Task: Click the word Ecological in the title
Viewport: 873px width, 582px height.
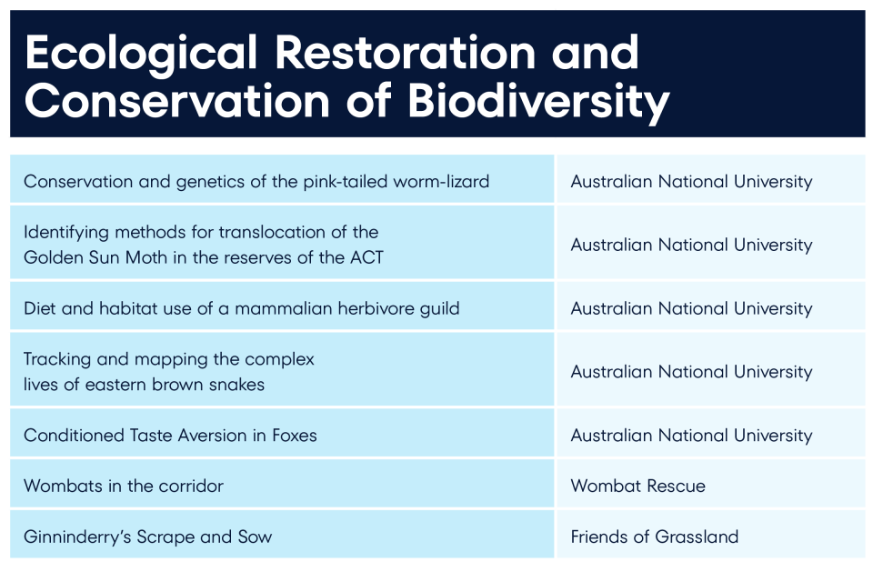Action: point(141,53)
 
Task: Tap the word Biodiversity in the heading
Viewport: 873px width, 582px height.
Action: point(539,103)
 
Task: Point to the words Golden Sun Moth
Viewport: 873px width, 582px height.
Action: point(95,257)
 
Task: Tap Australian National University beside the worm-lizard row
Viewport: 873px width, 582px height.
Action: point(691,182)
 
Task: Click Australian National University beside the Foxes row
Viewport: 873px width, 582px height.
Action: point(691,436)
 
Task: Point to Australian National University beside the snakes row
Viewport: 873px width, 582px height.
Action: point(691,372)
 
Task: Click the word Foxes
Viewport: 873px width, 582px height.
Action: point(295,435)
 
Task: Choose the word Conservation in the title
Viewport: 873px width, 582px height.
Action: point(177,101)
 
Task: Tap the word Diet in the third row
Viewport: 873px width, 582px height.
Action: point(39,308)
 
